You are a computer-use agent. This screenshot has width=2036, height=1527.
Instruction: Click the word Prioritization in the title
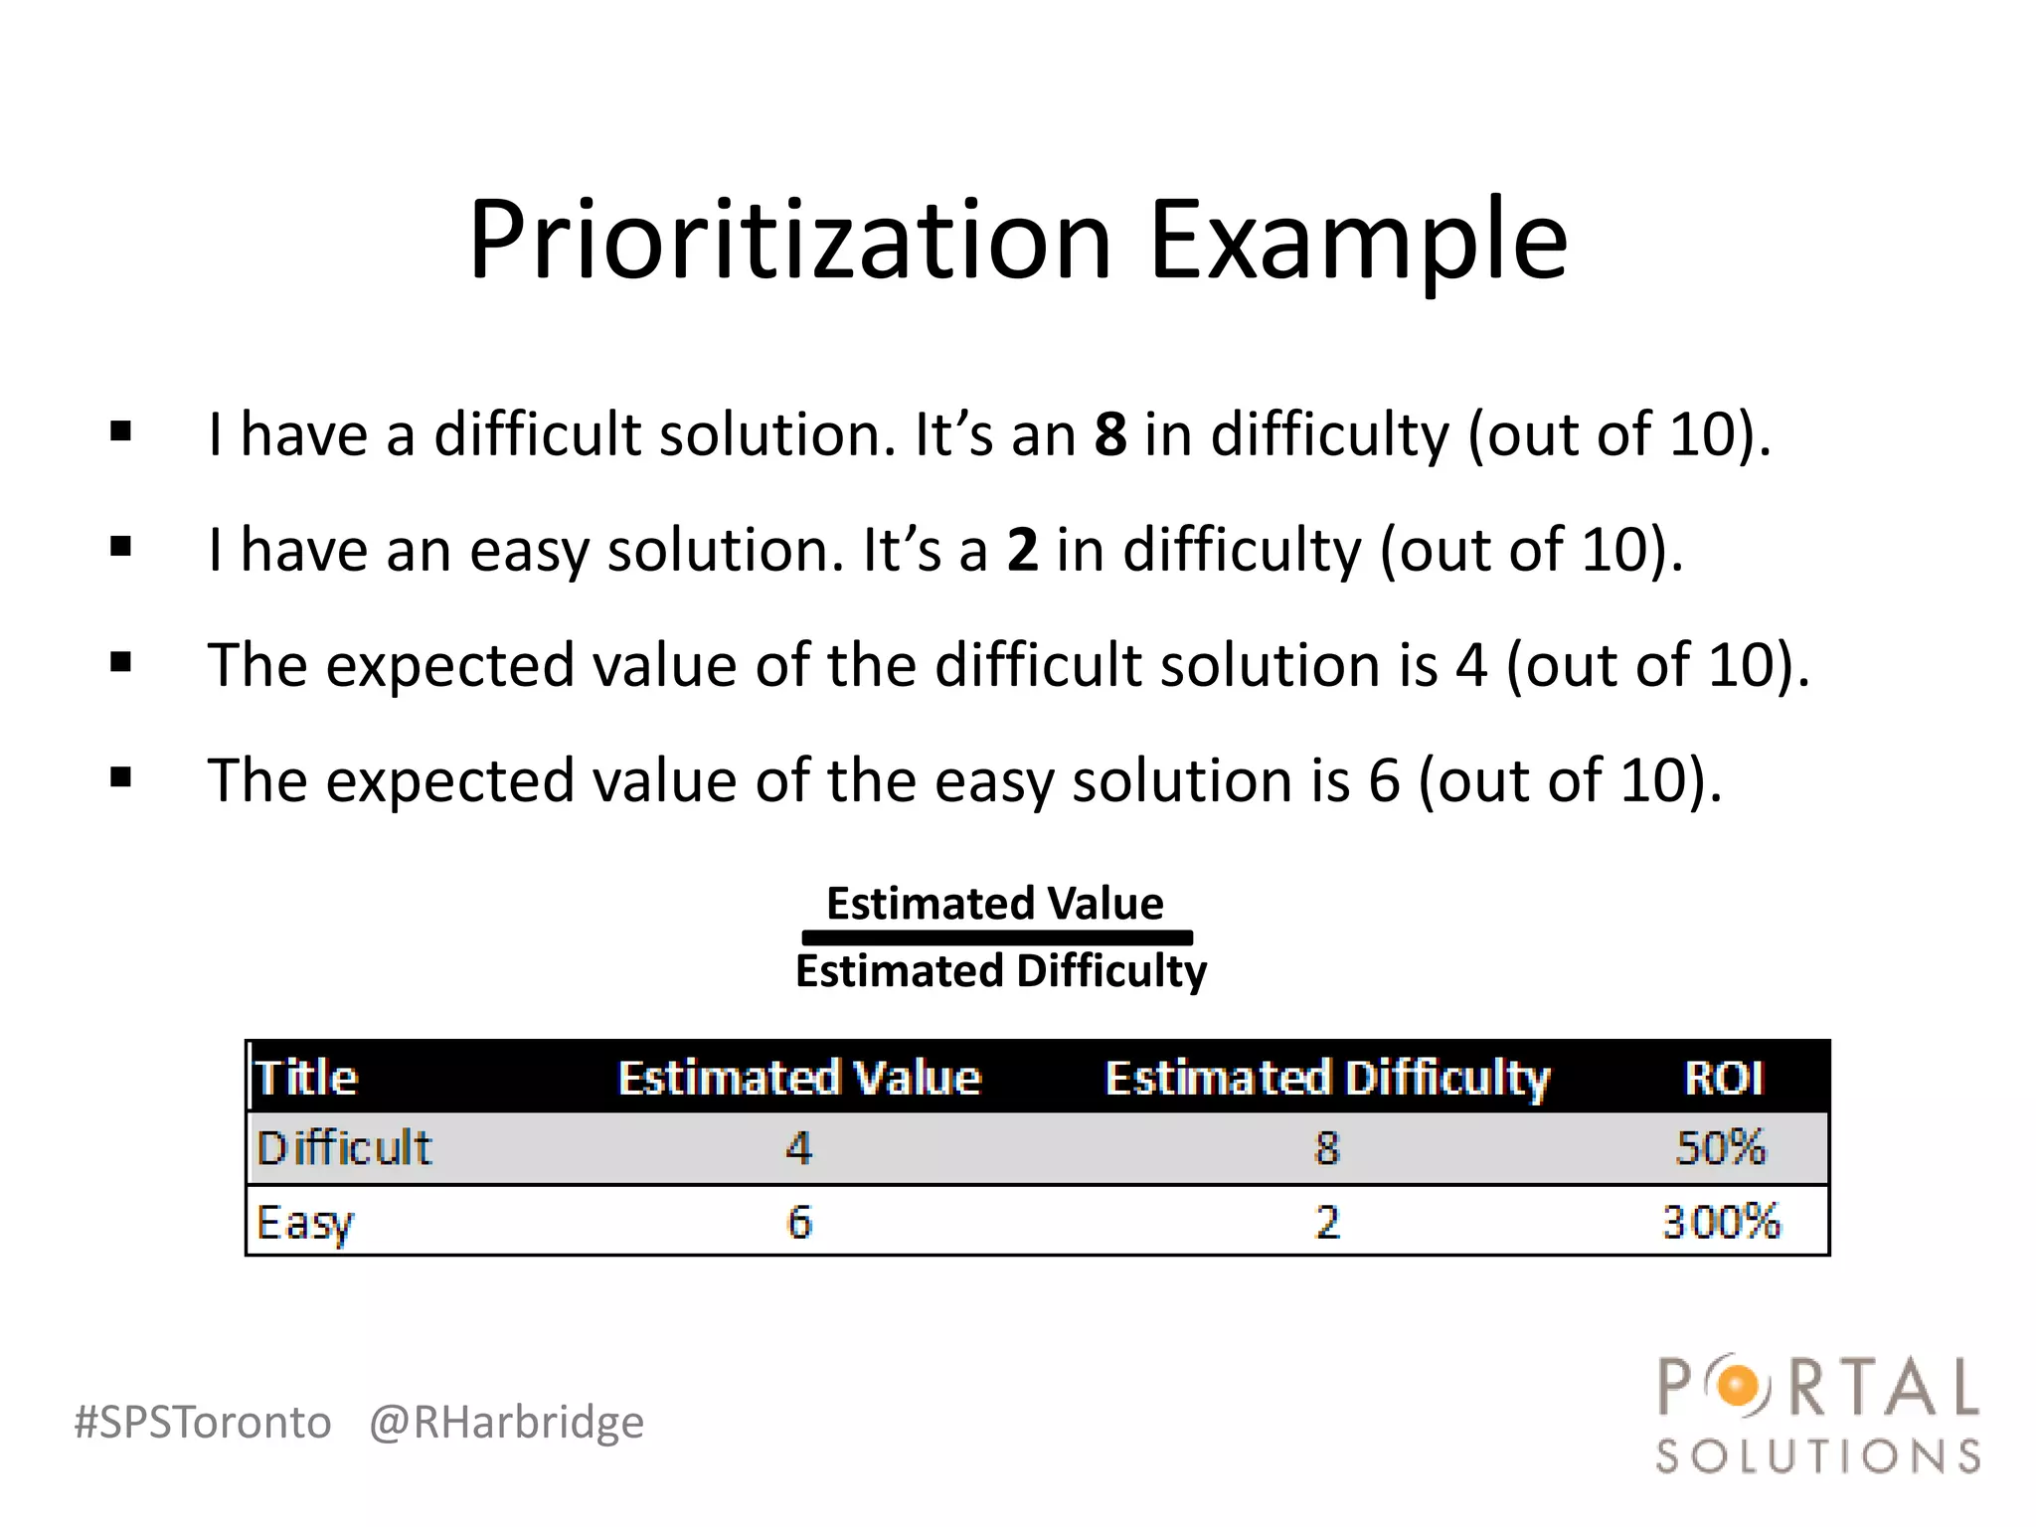[x=790, y=241]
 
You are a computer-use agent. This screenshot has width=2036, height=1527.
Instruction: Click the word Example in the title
[x=1358, y=241]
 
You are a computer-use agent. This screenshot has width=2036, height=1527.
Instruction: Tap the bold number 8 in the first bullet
[x=1110, y=435]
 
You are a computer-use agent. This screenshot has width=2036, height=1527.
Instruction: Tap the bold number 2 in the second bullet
[x=1022, y=550]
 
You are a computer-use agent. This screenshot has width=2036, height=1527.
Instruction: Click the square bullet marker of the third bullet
[x=121, y=662]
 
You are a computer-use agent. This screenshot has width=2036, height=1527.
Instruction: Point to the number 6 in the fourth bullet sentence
[x=1384, y=780]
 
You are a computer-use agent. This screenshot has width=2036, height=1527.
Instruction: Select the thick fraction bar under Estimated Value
[x=997, y=937]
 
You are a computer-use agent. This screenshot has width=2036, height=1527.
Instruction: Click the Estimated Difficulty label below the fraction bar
[x=1000, y=971]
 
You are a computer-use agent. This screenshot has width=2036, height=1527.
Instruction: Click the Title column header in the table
[x=306, y=1078]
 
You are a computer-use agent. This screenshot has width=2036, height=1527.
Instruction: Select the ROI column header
[x=1724, y=1078]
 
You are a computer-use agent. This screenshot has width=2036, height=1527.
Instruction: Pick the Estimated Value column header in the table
[x=799, y=1078]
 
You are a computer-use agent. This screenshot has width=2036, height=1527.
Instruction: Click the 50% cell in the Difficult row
[x=1721, y=1148]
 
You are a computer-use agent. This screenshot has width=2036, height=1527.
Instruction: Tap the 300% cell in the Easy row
[x=1721, y=1222]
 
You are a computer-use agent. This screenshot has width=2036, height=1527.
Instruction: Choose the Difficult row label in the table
[x=344, y=1148]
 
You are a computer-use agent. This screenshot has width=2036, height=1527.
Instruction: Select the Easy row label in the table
[x=304, y=1223]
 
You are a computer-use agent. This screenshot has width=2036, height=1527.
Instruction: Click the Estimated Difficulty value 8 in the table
[x=1327, y=1148]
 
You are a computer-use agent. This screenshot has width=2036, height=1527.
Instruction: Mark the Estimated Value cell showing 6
[x=799, y=1222]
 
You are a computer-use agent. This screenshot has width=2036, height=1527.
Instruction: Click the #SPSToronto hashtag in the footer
[x=203, y=1422]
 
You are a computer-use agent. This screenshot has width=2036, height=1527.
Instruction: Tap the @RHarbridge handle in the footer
[x=506, y=1422]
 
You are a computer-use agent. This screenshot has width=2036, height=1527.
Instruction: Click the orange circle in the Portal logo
[x=1738, y=1386]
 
